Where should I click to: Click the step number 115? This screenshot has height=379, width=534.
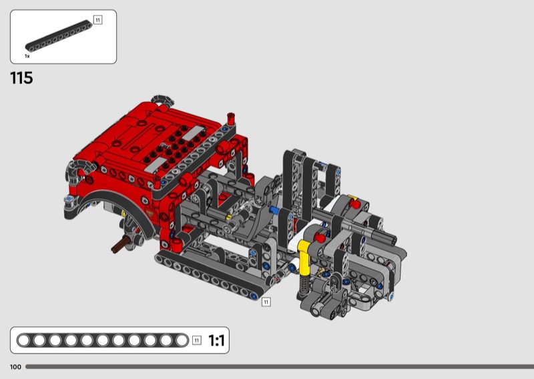tap(21, 78)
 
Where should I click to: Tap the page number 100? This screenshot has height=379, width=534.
tap(15, 367)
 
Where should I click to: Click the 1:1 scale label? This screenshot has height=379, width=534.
tap(216, 340)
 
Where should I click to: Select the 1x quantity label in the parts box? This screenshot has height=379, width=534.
tap(27, 56)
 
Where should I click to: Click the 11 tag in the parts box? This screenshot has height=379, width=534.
tap(97, 20)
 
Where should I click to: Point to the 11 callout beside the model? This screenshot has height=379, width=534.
tap(266, 302)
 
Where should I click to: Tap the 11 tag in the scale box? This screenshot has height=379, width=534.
tap(197, 340)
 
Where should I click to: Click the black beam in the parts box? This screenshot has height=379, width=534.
tap(59, 36)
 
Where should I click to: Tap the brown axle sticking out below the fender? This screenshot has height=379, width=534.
tap(120, 245)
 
